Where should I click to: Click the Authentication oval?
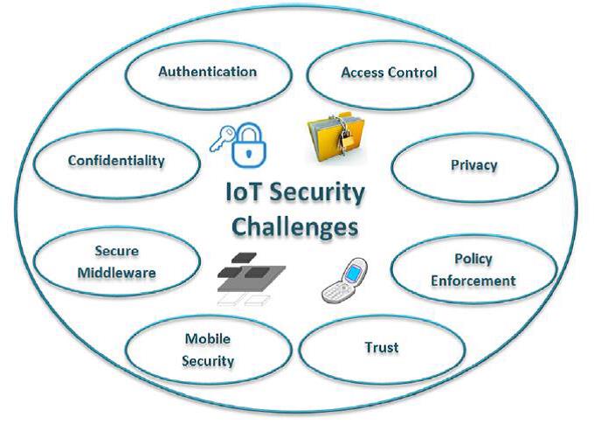point(207,72)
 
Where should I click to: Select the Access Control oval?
point(388,73)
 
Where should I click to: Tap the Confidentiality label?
point(116,161)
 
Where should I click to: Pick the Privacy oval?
point(473,164)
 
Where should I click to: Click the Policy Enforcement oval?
point(473,269)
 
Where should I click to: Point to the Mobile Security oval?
point(207,350)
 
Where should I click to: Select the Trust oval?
point(381,347)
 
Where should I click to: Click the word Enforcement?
point(473,280)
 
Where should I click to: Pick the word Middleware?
point(116,272)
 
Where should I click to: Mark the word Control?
point(411,73)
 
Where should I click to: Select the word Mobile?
point(207,339)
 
